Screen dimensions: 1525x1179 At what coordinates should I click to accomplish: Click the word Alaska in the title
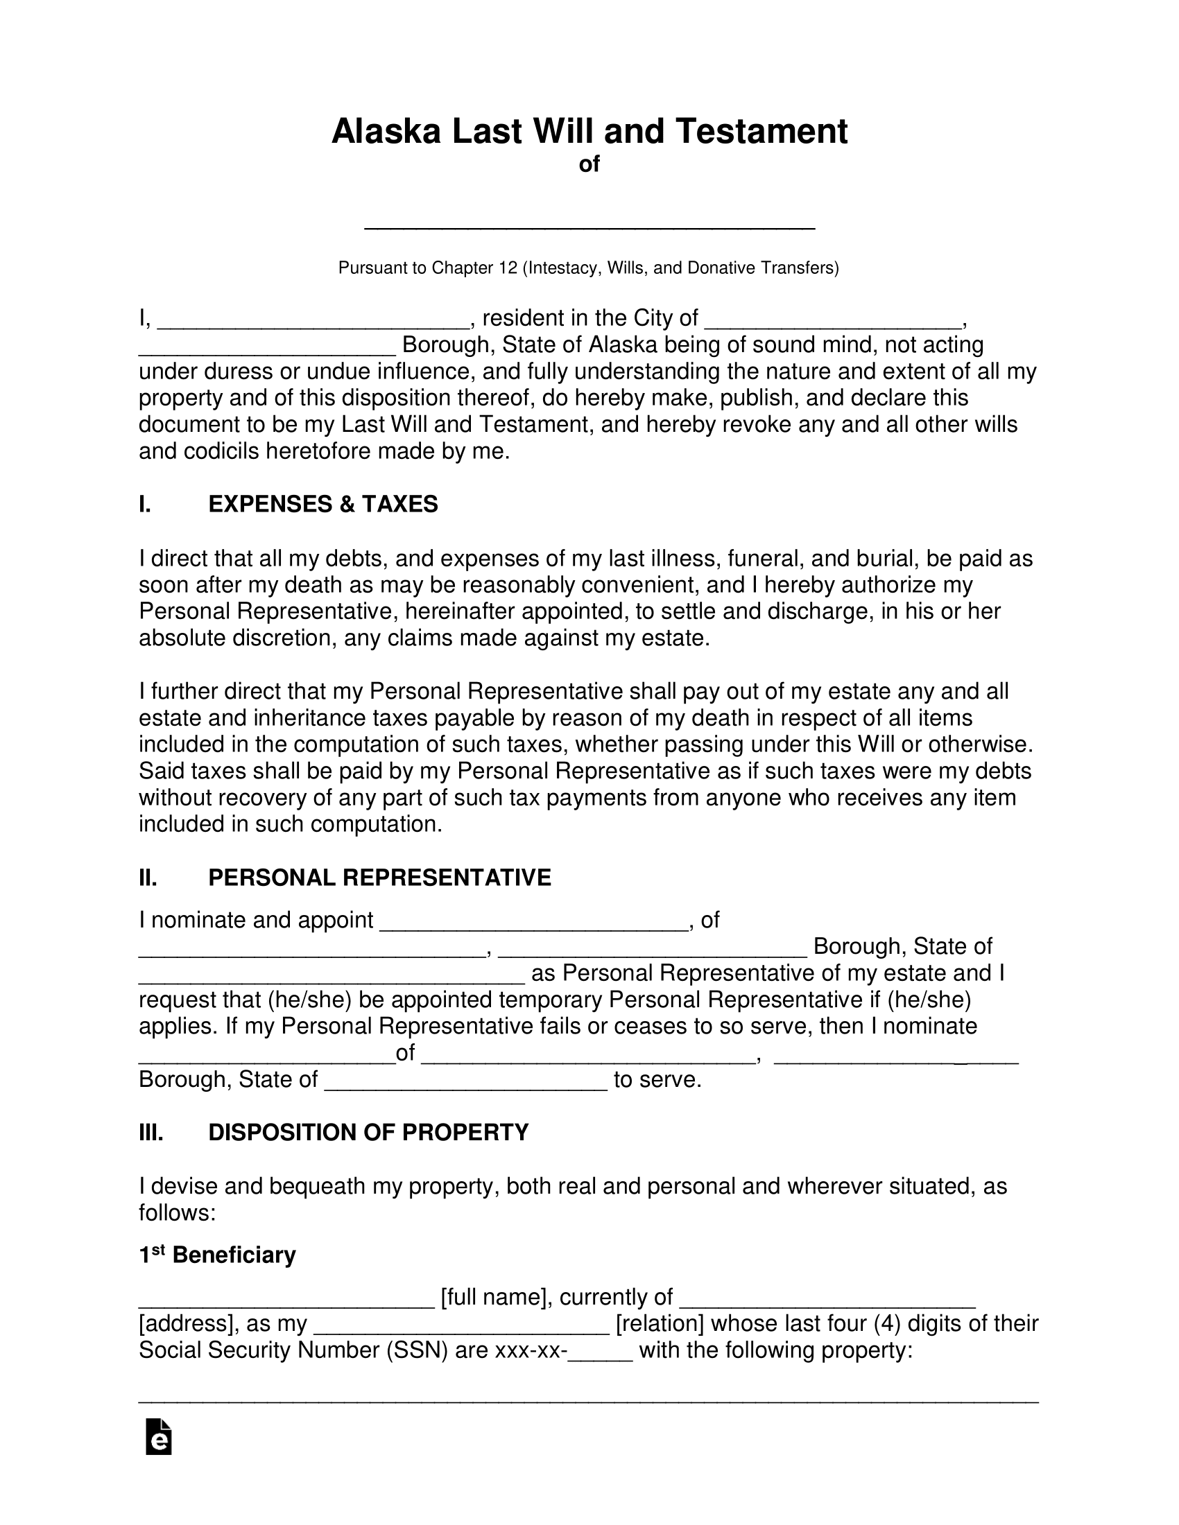tap(386, 131)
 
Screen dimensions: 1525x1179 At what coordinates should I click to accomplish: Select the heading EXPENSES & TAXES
tap(322, 504)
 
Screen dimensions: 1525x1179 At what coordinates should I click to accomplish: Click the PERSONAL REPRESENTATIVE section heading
tap(379, 878)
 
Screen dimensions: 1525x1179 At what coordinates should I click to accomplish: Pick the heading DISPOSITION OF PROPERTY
tap(368, 1133)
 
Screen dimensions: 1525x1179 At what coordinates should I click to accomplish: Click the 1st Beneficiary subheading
tap(217, 1255)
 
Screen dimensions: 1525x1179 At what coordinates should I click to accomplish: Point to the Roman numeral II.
tap(148, 878)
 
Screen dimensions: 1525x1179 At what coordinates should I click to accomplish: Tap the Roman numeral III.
tap(151, 1133)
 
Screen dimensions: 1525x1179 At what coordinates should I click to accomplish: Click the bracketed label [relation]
tap(660, 1324)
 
